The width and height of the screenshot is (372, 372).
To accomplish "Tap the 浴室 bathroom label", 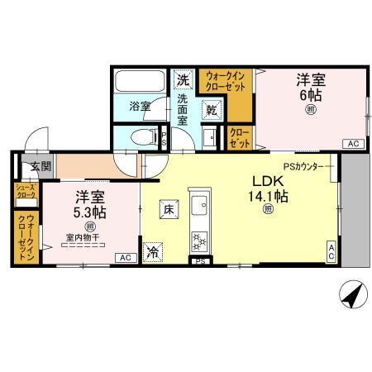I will pyautogui.click(x=140, y=106).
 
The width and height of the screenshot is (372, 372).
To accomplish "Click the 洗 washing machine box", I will pyautogui.click(x=183, y=81).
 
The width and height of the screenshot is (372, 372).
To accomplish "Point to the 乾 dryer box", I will pyautogui.click(x=212, y=110).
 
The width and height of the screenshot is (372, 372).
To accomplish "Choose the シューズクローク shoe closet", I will pyautogui.click(x=24, y=194).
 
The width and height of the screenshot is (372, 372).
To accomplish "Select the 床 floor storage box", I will pyautogui.click(x=168, y=210).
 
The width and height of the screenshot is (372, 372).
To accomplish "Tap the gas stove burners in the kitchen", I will pyautogui.click(x=200, y=241).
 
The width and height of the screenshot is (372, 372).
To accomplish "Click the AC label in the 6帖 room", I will pyautogui.click(x=353, y=144).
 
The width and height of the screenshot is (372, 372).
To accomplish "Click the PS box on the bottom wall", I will pyautogui.click(x=198, y=263).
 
